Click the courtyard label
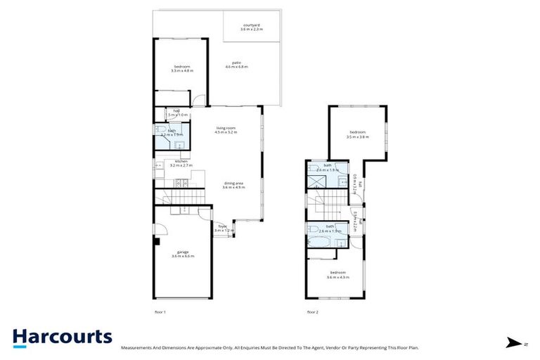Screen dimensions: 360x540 click(251, 25)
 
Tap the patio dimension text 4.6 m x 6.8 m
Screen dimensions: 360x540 click(236, 67)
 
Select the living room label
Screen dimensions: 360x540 click(226, 127)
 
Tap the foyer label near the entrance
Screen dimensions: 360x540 click(222, 226)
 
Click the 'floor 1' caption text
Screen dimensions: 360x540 click(160, 311)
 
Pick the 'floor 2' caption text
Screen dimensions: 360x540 click(312, 311)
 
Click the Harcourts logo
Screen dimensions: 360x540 click(62, 337)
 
